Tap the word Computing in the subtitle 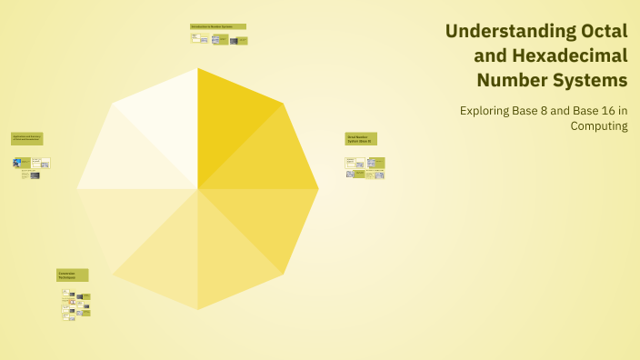pos(599,126)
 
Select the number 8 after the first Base pos(543,111)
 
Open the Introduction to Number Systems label pos(217,26)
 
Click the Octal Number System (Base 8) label pos(361,139)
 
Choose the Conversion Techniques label pos(73,275)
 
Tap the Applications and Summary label pos(27,138)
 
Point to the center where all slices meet pos(198,189)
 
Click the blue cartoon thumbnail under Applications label pos(17,163)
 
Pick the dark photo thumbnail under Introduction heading pos(220,40)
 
